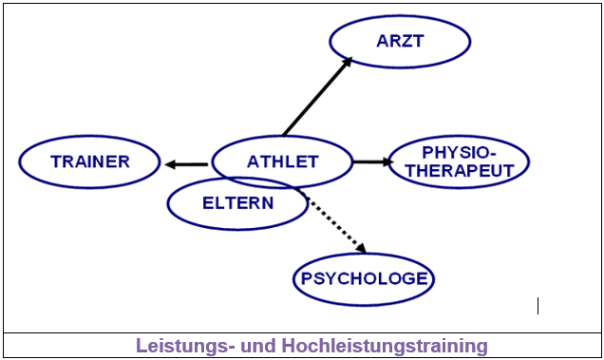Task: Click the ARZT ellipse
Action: (x=400, y=42)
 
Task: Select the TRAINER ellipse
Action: (x=90, y=161)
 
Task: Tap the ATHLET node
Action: (x=282, y=161)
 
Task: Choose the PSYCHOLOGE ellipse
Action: (x=364, y=279)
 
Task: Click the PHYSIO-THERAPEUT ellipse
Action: (x=460, y=161)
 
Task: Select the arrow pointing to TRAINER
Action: (x=186, y=164)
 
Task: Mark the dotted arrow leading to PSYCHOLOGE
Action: (x=335, y=222)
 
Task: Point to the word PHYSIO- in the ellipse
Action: (x=460, y=152)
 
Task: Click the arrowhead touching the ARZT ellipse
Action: (x=347, y=62)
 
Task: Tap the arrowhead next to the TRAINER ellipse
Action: (x=169, y=164)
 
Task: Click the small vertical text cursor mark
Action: (x=538, y=306)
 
